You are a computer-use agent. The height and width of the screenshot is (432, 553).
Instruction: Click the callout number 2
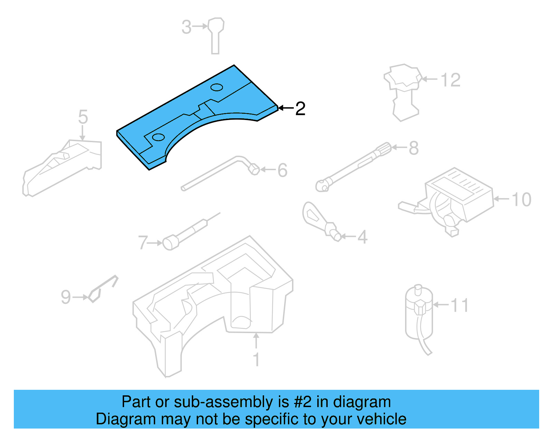[x=300, y=109]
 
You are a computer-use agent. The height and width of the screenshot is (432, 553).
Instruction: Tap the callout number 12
[x=450, y=80]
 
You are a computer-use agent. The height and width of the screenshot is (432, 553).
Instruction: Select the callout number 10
[x=521, y=200]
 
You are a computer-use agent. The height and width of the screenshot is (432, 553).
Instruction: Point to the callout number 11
[x=459, y=305]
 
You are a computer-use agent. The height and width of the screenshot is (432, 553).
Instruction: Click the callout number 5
[x=83, y=117]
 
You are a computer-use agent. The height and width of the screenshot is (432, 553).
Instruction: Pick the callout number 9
[x=66, y=297]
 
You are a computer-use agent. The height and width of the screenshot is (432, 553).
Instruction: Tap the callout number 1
[x=256, y=360]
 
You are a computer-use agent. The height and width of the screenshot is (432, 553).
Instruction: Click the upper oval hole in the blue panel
[x=217, y=87]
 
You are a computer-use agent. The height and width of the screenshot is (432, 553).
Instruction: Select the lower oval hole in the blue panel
[x=158, y=137]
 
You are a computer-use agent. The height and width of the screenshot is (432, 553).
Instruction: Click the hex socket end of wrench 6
[x=254, y=169]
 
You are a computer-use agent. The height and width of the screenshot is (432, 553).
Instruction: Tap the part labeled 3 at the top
[x=216, y=35]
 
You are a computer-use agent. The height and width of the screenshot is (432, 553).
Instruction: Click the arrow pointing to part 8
[x=399, y=148]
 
